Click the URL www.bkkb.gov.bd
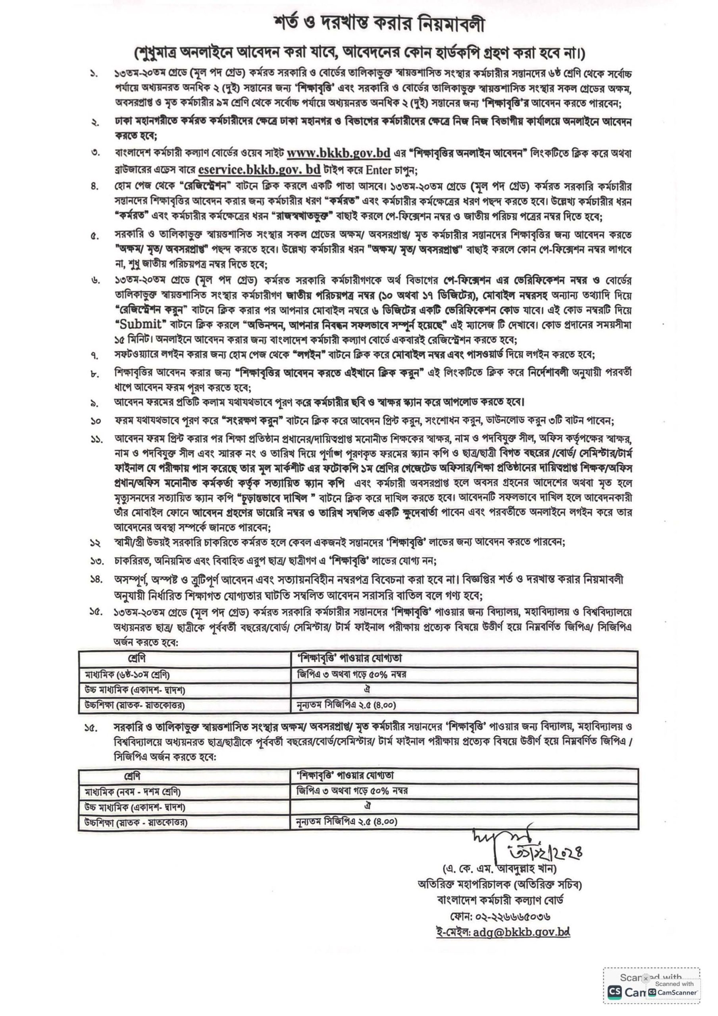point(339,153)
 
